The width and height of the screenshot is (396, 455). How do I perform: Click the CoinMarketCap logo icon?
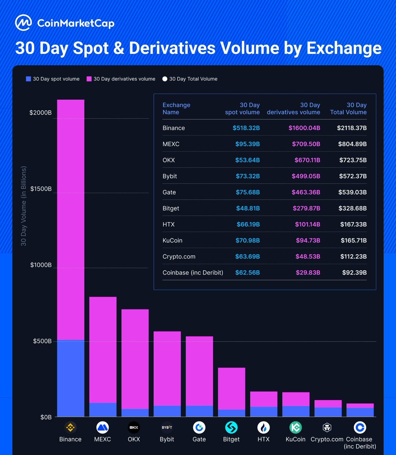click(x=24, y=23)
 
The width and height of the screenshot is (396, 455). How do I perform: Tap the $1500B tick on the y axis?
click(x=41, y=189)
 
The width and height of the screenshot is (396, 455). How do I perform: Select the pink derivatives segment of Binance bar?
click(x=71, y=220)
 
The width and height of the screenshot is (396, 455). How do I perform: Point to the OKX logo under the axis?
click(x=134, y=427)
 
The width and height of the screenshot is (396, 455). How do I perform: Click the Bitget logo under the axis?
click(x=231, y=427)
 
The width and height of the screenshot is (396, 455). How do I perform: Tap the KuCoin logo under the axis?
click(x=295, y=427)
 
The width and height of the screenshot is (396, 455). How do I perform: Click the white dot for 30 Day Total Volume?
click(x=165, y=79)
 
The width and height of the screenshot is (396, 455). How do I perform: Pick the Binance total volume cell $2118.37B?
click(x=352, y=128)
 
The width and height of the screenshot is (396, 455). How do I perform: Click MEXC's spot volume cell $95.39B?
click(x=246, y=144)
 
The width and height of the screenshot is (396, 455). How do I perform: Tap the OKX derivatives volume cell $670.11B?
click(x=307, y=160)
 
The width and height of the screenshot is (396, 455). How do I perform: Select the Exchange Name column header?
click(x=176, y=108)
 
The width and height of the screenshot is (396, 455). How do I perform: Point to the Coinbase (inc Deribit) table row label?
click(x=192, y=273)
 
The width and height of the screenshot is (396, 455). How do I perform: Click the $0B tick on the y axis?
click(x=46, y=417)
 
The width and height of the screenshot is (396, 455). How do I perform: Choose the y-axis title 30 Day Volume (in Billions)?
click(x=24, y=206)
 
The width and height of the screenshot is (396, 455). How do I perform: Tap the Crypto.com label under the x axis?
click(x=327, y=439)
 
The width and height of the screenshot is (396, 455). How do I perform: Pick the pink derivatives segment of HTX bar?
click(x=263, y=399)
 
